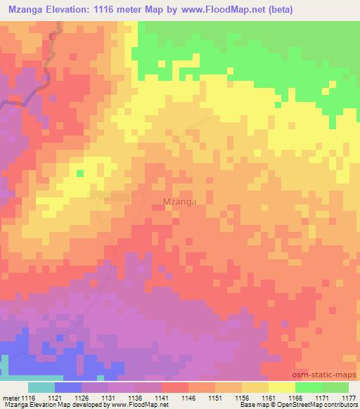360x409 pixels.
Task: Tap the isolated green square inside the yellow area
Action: click(x=80, y=174)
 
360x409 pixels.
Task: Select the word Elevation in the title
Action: click(x=75, y=10)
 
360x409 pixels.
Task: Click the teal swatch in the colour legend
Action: click(x=41, y=387)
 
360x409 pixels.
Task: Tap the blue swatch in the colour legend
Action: click(x=68, y=387)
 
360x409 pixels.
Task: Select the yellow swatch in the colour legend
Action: click(x=282, y=387)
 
